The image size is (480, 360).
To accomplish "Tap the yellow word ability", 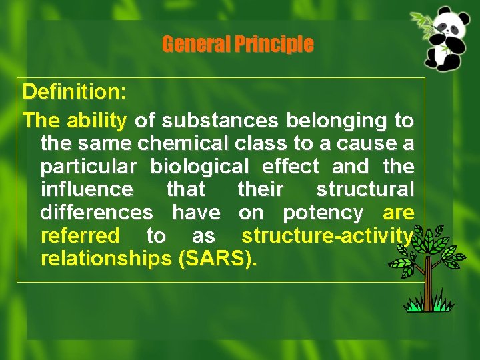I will click(x=97, y=121).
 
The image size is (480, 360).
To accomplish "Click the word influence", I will click(x=87, y=190).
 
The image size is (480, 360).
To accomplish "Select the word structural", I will click(x=365, y=190).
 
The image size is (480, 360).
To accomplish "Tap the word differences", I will click(x=97, y=213).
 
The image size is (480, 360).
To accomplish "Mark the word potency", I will click(x=323, y=213).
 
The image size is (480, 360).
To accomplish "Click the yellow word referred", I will click(x=80, y=236).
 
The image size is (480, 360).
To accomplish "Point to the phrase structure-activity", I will click(x=327, y=236).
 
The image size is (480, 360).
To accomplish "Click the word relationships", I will click(x=106, y=259).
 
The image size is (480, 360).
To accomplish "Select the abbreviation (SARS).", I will click(x=217, y=259).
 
